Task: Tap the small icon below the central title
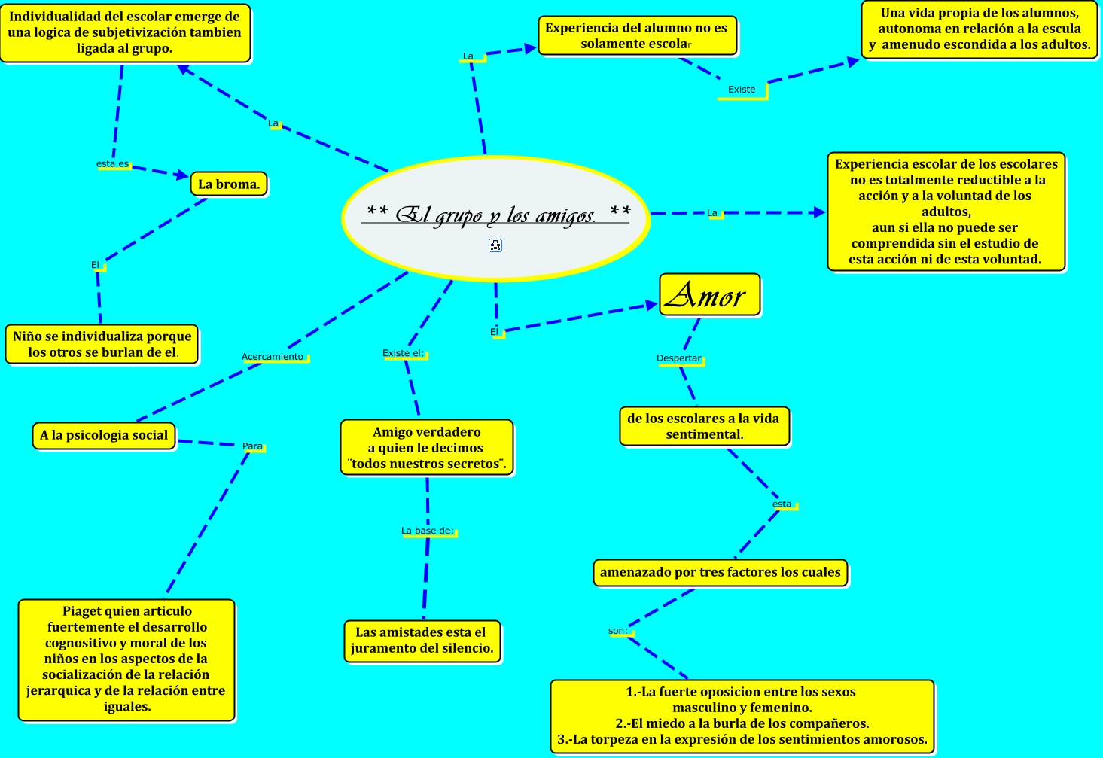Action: [495, 245]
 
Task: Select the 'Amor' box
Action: [709, 294]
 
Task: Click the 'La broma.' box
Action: [229, 184]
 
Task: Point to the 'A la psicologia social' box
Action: [104, 435]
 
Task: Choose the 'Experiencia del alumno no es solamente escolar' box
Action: [636, 36]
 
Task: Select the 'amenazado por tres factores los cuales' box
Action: [720, 572]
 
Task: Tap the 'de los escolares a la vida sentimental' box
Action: [703, 426]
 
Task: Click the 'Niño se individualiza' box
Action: [102, 344]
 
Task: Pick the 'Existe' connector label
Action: [742, 90]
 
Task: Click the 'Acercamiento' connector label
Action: [273, 357]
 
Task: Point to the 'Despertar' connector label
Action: [678, 358]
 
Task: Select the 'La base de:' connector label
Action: [427, 531]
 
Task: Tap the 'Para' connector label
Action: [252, 446]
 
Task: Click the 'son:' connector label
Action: [618, 631]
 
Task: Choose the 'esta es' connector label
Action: [112, 164]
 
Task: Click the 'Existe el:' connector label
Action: [403, 353]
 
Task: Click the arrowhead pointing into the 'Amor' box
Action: [653, 305]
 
